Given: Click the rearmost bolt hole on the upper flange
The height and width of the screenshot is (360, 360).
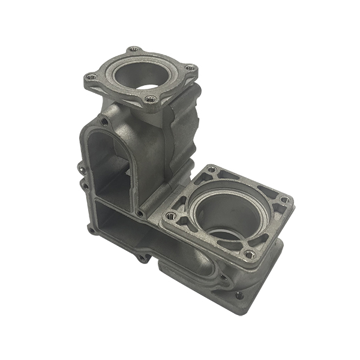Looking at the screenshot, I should pyautogui.click(x=133, y=50).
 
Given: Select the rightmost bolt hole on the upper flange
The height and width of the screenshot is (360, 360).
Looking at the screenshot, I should pyautogui.click(x=190, y=68).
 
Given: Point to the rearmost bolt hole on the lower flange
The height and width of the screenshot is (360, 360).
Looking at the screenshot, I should pyautogui.click(x=211, y=170).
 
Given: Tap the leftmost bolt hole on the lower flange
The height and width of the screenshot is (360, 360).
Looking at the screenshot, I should pyautogui.click(x=170, y=215).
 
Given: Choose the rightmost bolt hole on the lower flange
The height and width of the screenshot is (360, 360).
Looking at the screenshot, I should pyautogui.click(x=285, y=200).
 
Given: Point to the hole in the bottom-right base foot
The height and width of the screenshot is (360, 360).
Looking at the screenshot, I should pyautogui.click(x=239, y=295).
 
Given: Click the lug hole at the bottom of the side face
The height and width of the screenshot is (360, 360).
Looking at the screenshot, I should pyautogui.click(x=142, y=259).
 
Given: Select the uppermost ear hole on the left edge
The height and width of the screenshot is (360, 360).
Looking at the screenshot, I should pyautogui.click(x=80, y=164).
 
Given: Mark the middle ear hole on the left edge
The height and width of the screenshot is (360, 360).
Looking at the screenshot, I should pyautogui.click(x=85, y=187).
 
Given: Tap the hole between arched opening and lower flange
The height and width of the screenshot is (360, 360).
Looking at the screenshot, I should pyautogui.click(x=140, y=213).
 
